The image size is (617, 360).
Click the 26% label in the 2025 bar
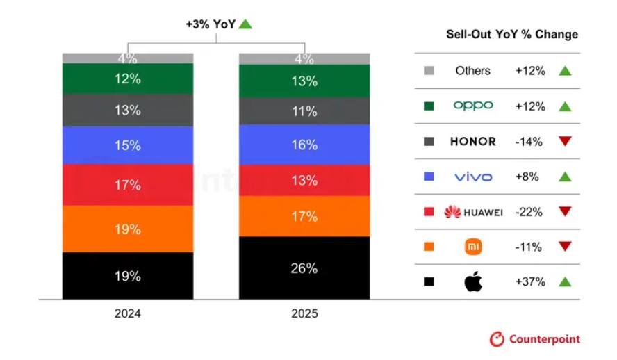click(304, 268)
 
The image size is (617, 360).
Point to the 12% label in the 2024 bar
click(128, 79)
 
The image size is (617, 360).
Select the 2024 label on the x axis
click(128, 313)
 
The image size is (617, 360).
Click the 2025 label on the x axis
click(304, 313)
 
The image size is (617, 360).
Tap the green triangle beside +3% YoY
click(245, 24)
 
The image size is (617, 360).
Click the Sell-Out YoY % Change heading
click(511, 35)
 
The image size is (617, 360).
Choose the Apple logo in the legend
click(473, 281)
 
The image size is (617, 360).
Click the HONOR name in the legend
click(473, 142)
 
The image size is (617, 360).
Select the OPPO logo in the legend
click(473, 106)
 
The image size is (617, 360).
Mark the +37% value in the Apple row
click(530, 281)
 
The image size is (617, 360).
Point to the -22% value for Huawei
click(530, 212)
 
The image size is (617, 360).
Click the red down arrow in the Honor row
click(565, 142)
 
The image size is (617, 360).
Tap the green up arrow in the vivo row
click(565, 177)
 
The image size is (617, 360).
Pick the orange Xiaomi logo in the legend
click(473, 246)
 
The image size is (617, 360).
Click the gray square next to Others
click(429, 71)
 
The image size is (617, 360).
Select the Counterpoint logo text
click(545, 340)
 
